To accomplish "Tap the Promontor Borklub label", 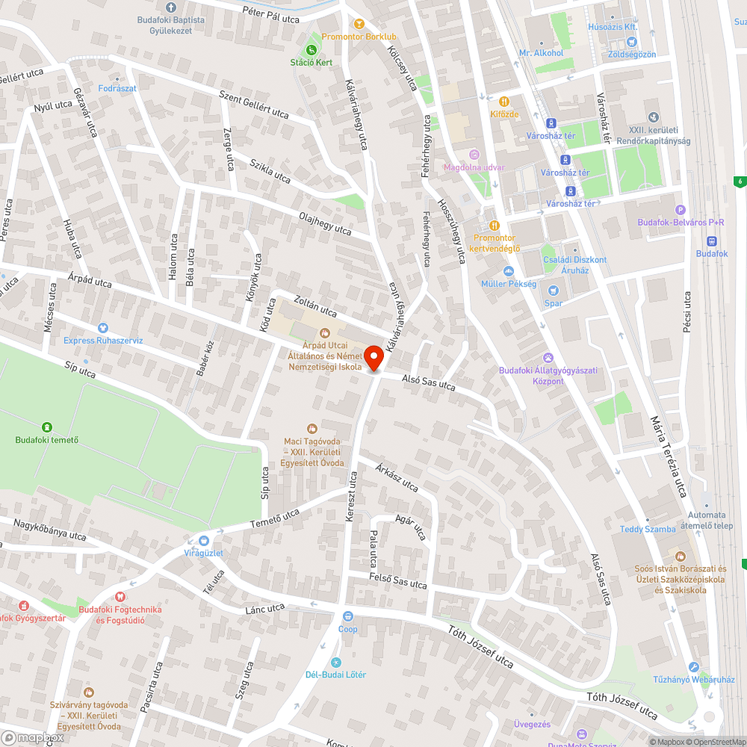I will tap(359, 37).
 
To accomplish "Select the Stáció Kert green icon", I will tap(311, 49).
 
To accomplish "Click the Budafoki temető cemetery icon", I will tap(47, 427).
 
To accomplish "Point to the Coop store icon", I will tap(347, 616).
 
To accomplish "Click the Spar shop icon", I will tap(554, 291).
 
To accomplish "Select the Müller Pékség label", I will tap(509, 284).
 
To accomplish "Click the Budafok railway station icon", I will tap(711, 241).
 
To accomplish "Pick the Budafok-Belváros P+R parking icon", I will tap(680, 210).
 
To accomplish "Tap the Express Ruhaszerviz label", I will tap(103, 341).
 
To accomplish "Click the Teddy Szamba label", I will tap(648, 529).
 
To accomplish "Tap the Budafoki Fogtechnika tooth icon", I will tap(120, 596).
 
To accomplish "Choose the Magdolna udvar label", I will tap(474, 167).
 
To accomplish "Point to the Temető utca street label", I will tap(274, 518).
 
